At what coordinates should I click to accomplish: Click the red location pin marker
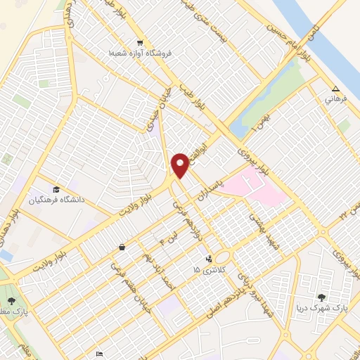pos(181,165)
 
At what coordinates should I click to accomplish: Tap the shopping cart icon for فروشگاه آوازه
pos(140,41)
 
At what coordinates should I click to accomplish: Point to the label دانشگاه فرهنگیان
pos(56,200)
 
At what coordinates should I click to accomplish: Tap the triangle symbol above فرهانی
pos(335,89)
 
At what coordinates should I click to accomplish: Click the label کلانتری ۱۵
pos(206,269)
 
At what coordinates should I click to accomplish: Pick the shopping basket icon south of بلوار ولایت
pos(122,247)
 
